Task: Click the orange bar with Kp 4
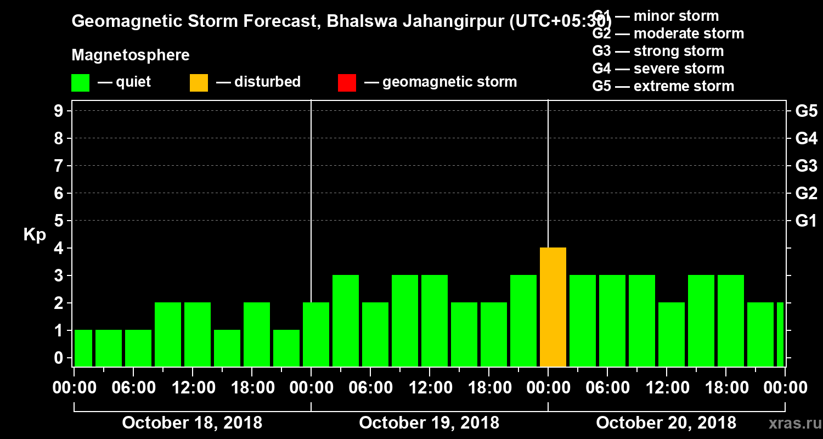pyautogui.click(x=553, y=307)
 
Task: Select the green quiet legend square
pyautogui.click(x=80, y=82)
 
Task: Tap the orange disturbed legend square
pyautogui.click(x=199, y=82)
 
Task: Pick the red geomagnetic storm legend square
pyautogui.click(x=347, y=82)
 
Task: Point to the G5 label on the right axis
pyautogui.click(x=806, y=111)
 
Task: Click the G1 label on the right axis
pyautogui.click(x=806, y=221)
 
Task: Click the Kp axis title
pyautogui.click(x=35, y=235)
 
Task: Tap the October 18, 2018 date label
pyautogui.click(x=192, y=423)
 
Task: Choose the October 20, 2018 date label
pyautogui.click(x=666, y=423)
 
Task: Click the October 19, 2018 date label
pyautogui.click(x=429, y=423)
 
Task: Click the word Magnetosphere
pyautogui.click(x=131, y=55)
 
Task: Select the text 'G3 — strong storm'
pyautogui.click(x=658, y=51)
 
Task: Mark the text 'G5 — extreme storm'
pyautogui.click(x=663, y=86)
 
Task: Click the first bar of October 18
pyautogui.click(x=83, y=348)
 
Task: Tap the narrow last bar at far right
pyautogui.click(x=780, y=335)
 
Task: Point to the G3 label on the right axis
pyautogui.click(x=806, y=166)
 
